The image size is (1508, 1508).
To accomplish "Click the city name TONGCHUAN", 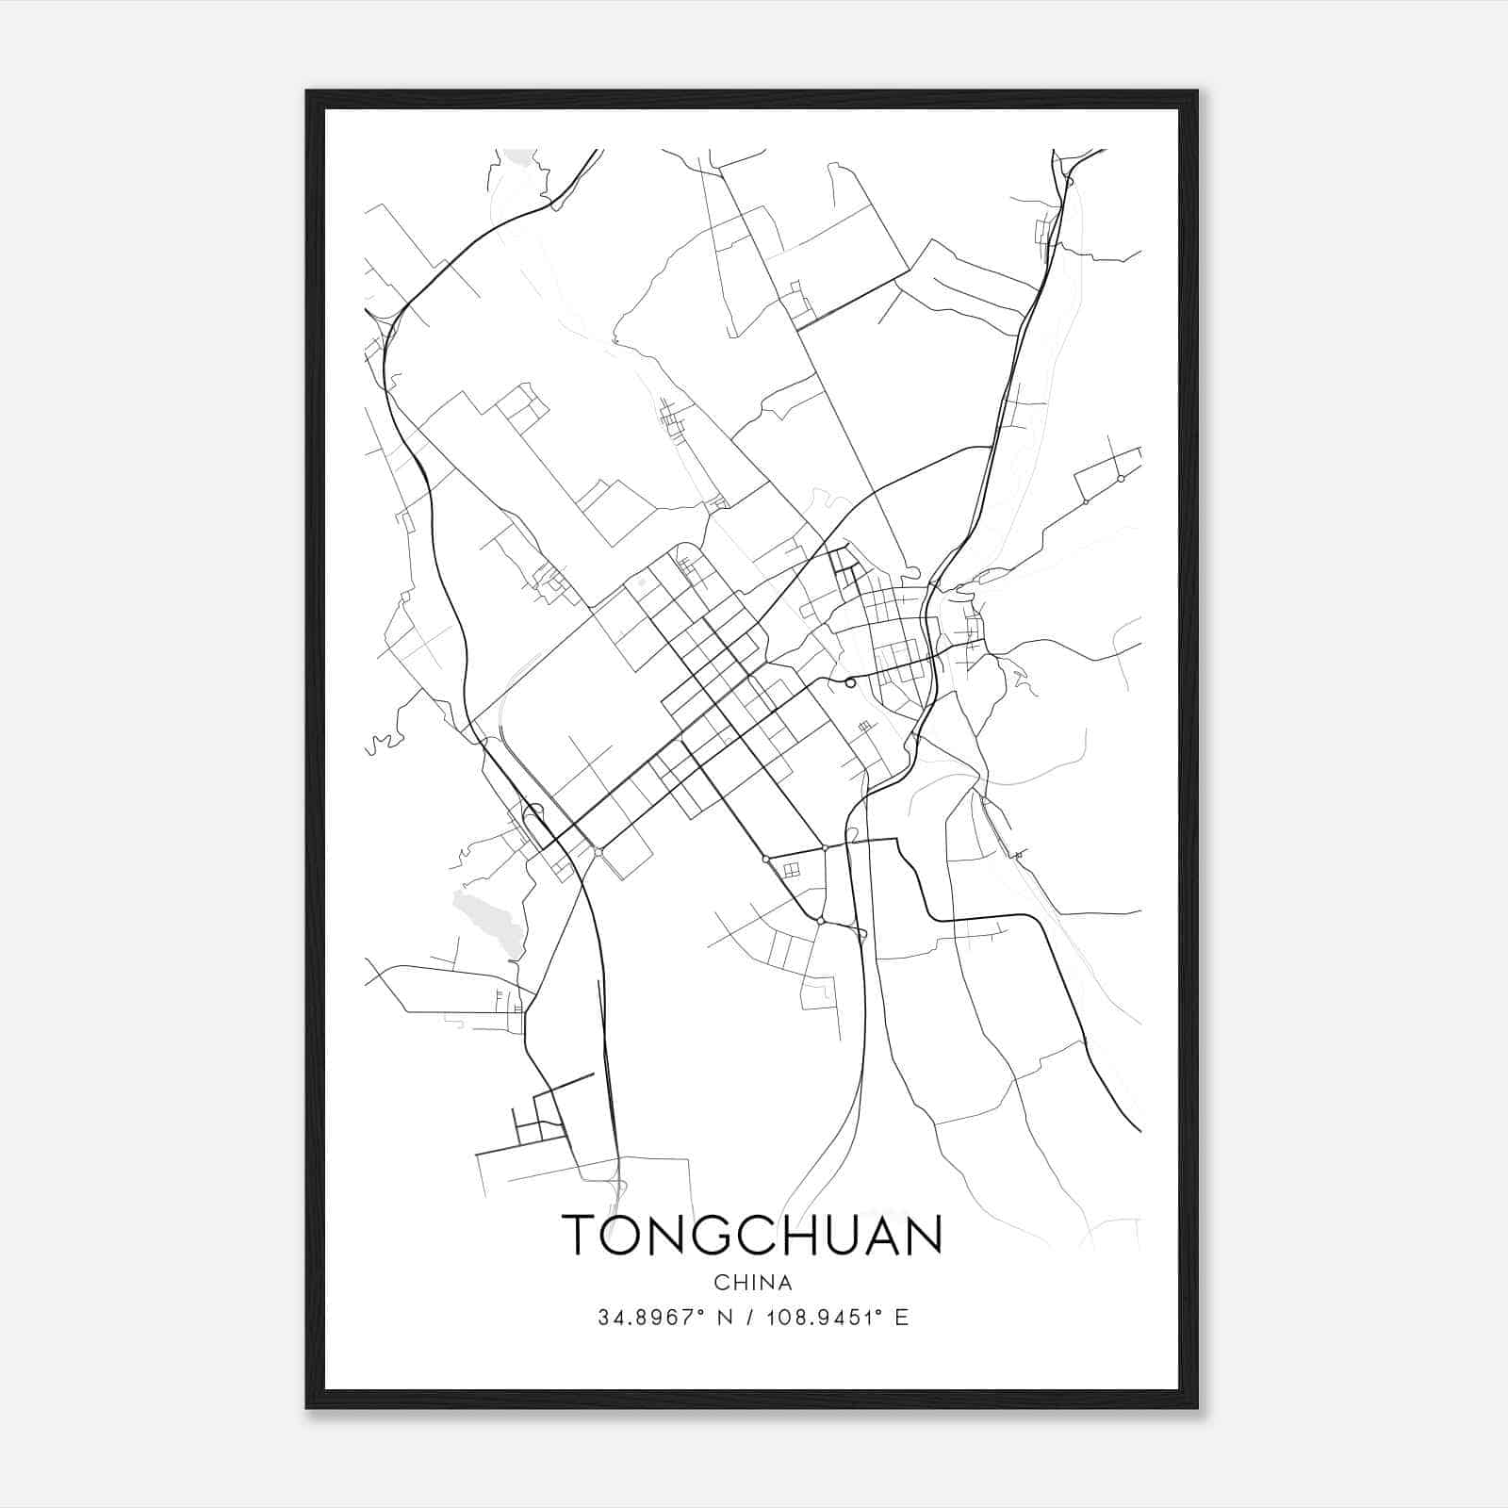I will tap(752, 1235).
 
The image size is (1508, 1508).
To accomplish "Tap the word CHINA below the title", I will tap(752, 1283).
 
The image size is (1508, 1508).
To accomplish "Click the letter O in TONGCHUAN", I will tap(620, 1235).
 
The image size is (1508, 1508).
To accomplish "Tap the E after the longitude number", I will tap(902, 1318).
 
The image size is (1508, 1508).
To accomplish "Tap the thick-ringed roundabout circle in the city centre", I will tap(850, 682).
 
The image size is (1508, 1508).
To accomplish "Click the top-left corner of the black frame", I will tap(306, 91).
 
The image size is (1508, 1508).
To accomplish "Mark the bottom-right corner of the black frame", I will tap(1197, 1408).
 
